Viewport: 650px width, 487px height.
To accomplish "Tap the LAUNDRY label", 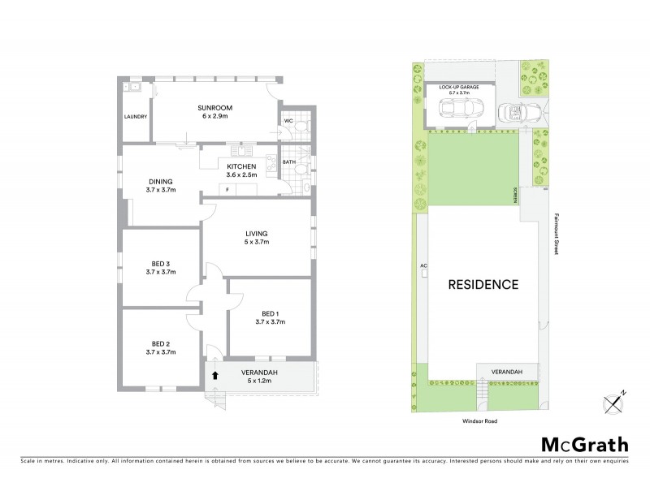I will [136, 117].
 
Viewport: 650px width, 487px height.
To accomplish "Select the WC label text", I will [288, 122].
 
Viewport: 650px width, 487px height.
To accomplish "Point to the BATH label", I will [288, 162].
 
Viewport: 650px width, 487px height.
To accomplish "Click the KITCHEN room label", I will [241, 166].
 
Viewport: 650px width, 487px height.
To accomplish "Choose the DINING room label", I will [160, 182].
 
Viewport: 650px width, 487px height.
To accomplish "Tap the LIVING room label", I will [256, 234].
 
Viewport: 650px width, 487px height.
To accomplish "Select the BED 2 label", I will [160, 343].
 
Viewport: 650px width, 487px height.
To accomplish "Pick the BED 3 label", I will [160, 264].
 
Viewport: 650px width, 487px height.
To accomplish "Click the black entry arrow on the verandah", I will [215, 375].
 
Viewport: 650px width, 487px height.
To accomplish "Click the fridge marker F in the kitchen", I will [227, 190].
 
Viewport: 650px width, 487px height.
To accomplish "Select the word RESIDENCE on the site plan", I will [483, 285].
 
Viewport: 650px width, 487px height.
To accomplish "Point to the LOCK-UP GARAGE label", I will [459, 86].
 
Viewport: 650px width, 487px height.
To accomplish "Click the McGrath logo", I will [584, 444].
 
